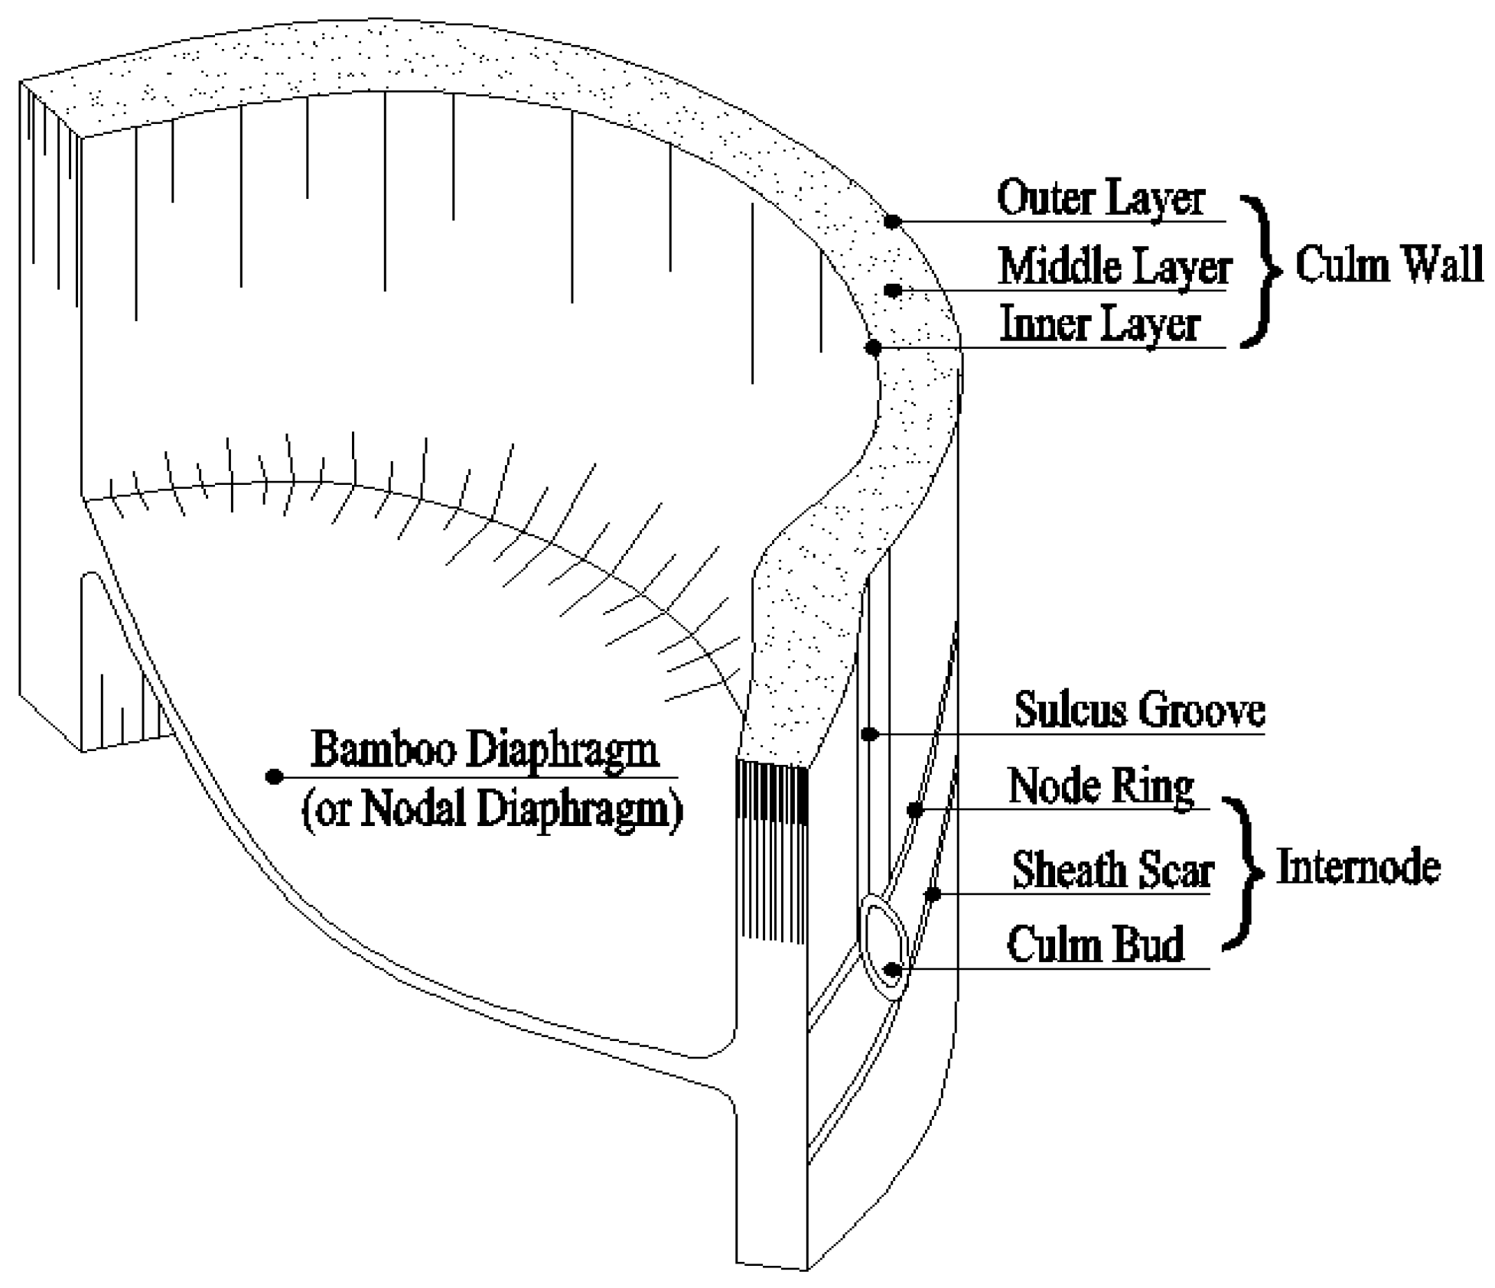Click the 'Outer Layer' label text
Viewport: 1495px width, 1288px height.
tap(1100, 198)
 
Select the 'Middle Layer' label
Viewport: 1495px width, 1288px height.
tap(1114, 267)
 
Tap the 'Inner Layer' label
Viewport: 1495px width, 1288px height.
tap(1099, 324)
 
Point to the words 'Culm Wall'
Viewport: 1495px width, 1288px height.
tap(1388, 265)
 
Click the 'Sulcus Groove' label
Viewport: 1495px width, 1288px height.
tap(1139, 711)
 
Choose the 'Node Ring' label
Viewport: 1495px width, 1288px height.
tap(1101, 786)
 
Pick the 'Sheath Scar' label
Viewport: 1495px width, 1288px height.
tap(1112, 870)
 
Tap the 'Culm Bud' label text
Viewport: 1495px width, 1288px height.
tap(1095, 945)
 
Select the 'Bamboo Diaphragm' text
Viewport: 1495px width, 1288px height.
tap(485, 750)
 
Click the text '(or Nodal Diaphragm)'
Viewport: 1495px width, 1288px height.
tap(492, 809)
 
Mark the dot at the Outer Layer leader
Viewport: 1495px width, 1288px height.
tap(892, 221)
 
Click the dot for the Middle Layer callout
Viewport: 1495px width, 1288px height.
tap(892, 291)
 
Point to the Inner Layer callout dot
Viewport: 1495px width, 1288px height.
tap(874, 348)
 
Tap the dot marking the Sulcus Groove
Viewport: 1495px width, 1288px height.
tap(869, 734)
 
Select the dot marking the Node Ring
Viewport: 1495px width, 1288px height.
tap(915, 810)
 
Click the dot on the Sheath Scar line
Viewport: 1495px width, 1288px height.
tap(933, 893)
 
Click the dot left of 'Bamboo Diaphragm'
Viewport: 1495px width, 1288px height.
tap(274, 776)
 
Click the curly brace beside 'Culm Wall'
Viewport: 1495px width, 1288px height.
tap(1261, 271)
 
